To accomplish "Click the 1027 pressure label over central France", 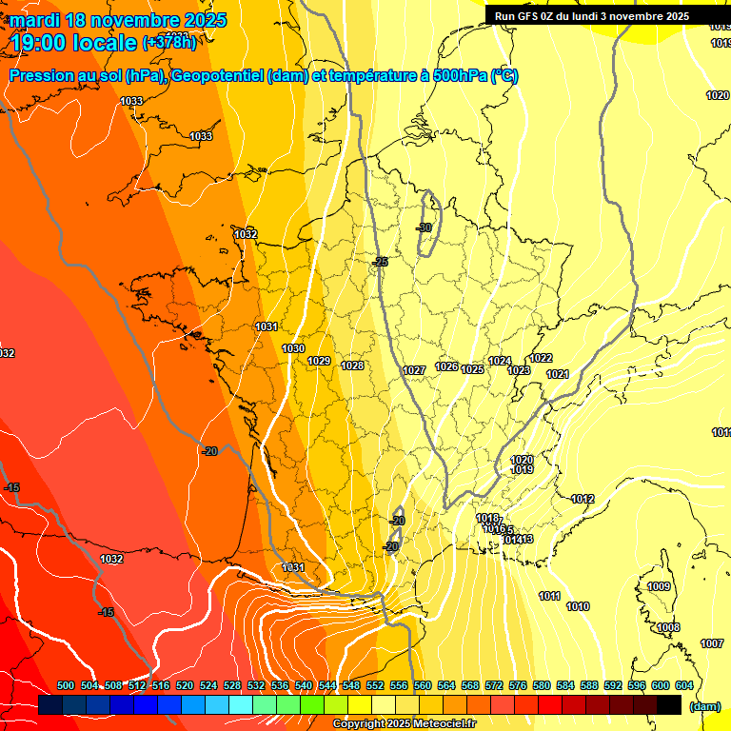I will point(414,370).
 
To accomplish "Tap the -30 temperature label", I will point(425,227).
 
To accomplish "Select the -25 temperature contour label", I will point(381,262).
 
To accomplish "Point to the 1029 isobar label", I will point(319,361).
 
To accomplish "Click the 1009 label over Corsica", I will point(659,586).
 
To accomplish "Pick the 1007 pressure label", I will point(712,643).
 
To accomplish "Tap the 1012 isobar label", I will point(583,499).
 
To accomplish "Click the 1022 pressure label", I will point(542,358).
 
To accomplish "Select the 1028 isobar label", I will point(352,365).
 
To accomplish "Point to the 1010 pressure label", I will point(578,606).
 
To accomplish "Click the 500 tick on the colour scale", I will point(66,685).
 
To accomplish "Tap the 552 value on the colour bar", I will point(376,685).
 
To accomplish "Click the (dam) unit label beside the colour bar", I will point(704,705).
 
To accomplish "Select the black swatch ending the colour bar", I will point(669,704).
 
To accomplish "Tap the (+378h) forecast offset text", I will point(169,42).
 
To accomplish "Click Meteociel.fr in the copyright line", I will point(439,724).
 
